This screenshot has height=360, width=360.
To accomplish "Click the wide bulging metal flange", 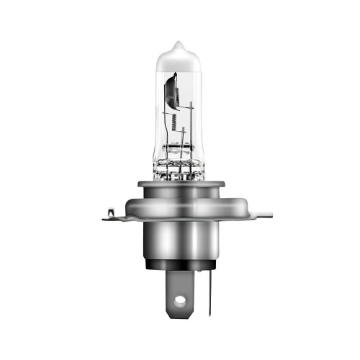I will (x=180, y=209).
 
